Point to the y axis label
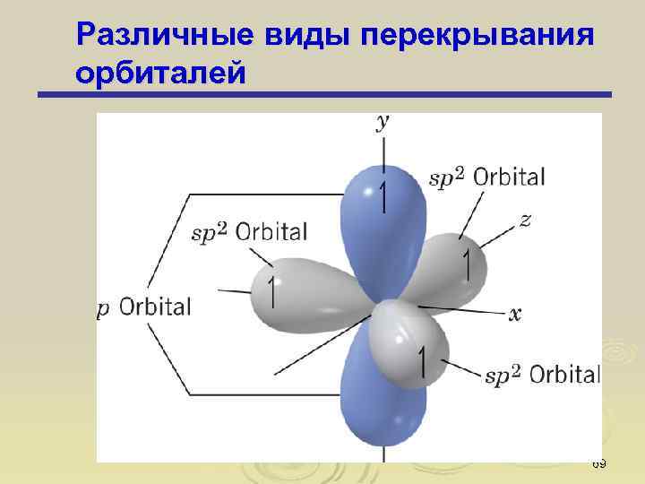383,124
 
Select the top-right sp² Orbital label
487,177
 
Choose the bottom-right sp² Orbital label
542,374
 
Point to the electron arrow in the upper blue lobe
384,197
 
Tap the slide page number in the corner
599,463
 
